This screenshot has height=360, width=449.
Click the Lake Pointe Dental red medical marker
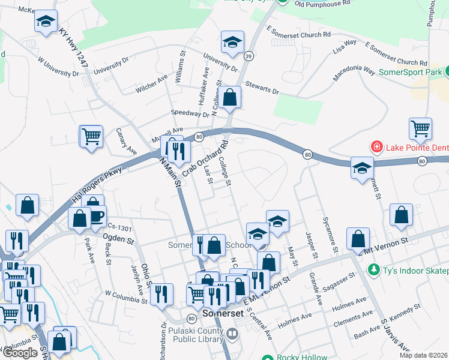coord(376,146)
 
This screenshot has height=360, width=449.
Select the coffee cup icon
coord(97,215)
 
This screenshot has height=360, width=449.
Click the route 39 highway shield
coord(249,55)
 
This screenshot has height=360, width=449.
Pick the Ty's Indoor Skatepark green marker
coord(373,271)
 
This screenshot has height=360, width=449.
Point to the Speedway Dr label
coord(190,113)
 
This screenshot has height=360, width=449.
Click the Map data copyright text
coord(423,355)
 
